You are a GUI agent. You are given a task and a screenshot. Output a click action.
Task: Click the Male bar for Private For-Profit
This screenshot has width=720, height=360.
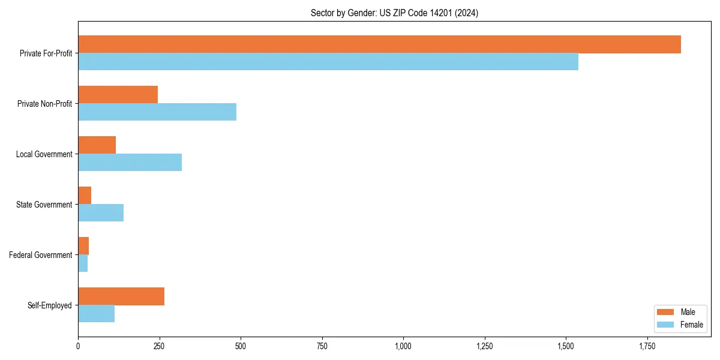tap(379, 44)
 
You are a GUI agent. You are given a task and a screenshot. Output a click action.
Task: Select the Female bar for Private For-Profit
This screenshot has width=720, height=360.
tap(328, 62)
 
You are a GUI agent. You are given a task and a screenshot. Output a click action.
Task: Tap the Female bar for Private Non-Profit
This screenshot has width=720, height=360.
tap(157, 112)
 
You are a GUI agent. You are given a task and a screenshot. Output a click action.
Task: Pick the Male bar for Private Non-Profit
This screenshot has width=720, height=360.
tap(118, 95)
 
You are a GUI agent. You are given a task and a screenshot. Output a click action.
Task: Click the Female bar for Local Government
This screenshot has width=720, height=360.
tap(130, 163)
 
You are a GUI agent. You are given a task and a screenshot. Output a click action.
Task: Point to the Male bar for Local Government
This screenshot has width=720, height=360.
tap(97, 145)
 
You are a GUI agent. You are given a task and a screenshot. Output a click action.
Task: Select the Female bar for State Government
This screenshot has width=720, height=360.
tap(101, 213)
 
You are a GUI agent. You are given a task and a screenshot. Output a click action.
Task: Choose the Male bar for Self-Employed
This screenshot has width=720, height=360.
tap(121, 296)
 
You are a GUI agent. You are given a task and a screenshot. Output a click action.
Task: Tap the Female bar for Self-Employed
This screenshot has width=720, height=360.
tap(96, 314)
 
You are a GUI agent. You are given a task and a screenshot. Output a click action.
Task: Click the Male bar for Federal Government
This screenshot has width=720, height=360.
tap(83, 246)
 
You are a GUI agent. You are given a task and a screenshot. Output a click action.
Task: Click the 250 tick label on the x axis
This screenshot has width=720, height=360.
tap(159, 346)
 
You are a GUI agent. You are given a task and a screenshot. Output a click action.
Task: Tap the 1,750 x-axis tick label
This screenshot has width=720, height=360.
tap(647, 346)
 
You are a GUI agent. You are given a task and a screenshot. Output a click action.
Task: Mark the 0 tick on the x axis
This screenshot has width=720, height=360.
tap(78, 346)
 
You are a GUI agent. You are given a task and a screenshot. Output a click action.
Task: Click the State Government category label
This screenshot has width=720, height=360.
tap(44, 205)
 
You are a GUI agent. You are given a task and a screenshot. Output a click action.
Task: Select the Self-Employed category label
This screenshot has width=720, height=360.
tap(49, 305)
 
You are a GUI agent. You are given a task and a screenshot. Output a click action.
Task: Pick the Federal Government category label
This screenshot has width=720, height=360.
tap(40, 255)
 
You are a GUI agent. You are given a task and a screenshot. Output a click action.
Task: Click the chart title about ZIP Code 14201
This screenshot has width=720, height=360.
tap(394, 13)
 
